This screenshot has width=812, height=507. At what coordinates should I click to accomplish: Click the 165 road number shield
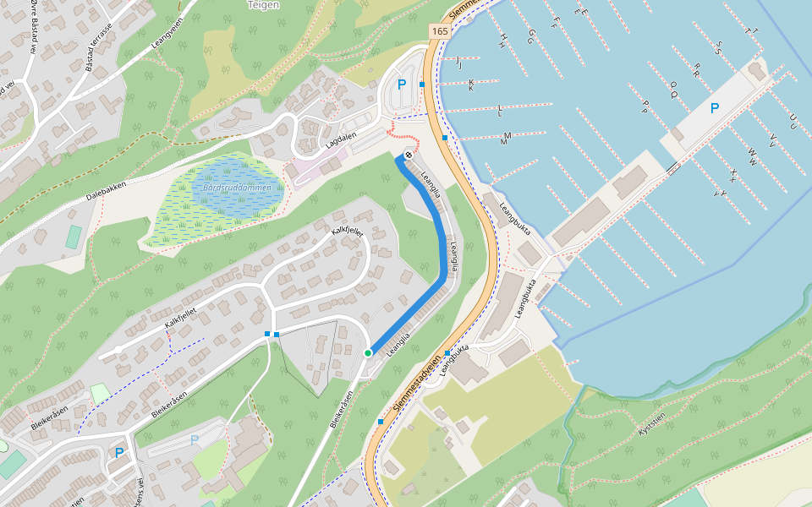(439, 31)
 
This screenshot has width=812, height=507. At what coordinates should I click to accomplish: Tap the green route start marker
(368, 352)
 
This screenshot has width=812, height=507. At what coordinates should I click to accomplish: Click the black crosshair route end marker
(409, 154)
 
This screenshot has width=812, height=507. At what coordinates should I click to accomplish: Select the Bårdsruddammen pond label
(237, 188)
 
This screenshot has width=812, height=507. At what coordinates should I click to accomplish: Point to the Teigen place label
(263, 4)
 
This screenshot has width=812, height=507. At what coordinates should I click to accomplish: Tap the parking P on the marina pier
(715, 108)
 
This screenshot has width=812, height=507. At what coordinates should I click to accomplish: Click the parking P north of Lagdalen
(402, 84)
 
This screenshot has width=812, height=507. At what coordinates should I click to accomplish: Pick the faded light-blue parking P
(195, 440)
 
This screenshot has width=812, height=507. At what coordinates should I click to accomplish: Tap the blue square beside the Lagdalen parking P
(421, 84)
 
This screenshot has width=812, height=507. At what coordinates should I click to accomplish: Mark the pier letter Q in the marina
(674, 85)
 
